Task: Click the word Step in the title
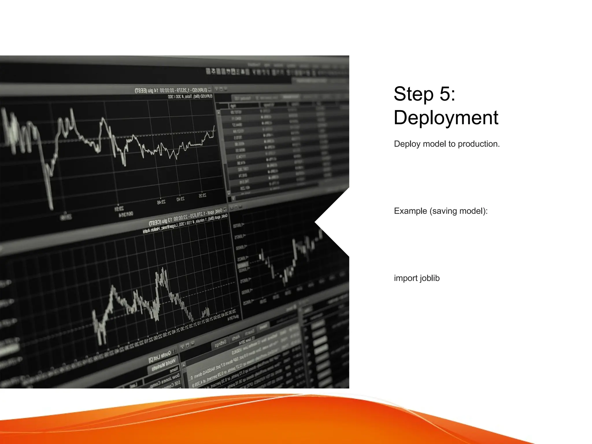coord(414,94)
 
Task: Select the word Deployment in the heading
coord(446,118)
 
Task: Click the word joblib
coord(430,278)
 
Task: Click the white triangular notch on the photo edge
coord(332,222)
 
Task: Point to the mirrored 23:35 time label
coord(203,196)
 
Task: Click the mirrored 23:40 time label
coord(180,199)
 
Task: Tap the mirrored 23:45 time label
coord(161,202)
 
